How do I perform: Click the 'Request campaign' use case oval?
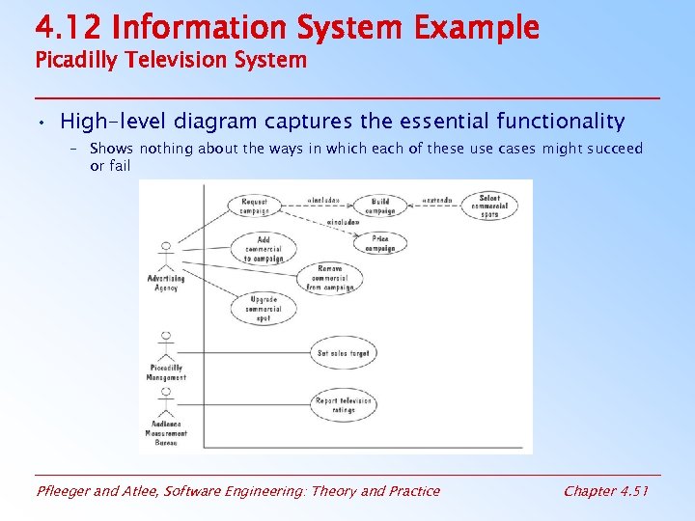(255, 206)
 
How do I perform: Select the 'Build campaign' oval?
(380, 206)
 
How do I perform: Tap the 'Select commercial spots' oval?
(489, 206)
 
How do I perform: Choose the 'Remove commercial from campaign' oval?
(328, 278)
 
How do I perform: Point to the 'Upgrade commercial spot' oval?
(263, 309)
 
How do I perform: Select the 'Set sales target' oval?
(343, 353)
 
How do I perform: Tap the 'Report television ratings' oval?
(343, 404)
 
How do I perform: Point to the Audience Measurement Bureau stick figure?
(166, 405)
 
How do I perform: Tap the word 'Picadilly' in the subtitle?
(76, 60)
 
